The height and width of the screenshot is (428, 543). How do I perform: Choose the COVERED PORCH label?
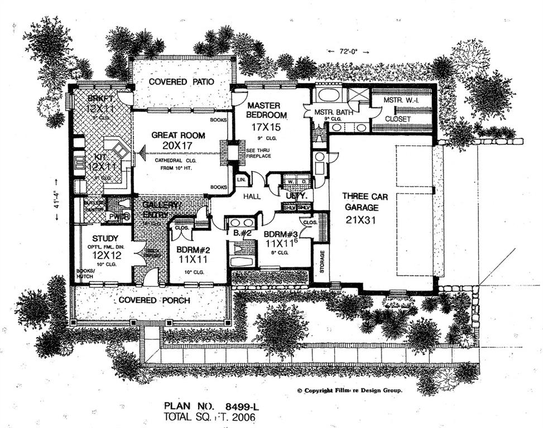point(153,300)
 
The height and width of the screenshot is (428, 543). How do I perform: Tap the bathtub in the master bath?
point(328,94)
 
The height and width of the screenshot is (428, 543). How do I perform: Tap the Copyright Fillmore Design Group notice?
point(349,391)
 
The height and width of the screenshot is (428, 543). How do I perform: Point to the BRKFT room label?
point(100,99)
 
